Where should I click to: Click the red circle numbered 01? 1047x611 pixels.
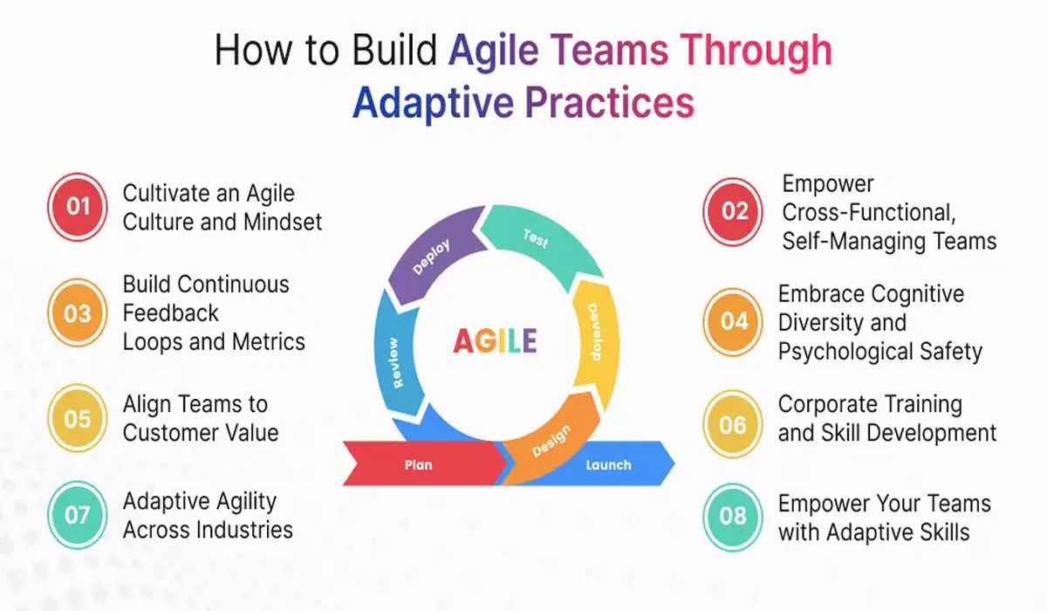(x=78, y=207)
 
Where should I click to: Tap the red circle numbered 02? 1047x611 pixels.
(x=735, y=211)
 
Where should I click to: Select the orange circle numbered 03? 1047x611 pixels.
(x=78, y=312)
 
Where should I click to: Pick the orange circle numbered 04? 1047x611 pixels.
(x=735, y=321)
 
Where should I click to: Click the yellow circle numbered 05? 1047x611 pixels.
(x=78, y=419)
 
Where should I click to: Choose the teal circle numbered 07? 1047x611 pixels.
(x=78, y=515)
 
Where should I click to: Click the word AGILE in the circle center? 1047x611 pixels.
(x=495, y=341)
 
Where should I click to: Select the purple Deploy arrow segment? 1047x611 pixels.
(x=431, y=258)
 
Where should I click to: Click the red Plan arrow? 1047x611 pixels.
(x=419, y=464)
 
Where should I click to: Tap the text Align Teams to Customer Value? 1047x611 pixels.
(x=200, y=418)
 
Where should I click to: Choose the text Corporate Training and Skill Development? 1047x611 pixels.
(x=886, y=418)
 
